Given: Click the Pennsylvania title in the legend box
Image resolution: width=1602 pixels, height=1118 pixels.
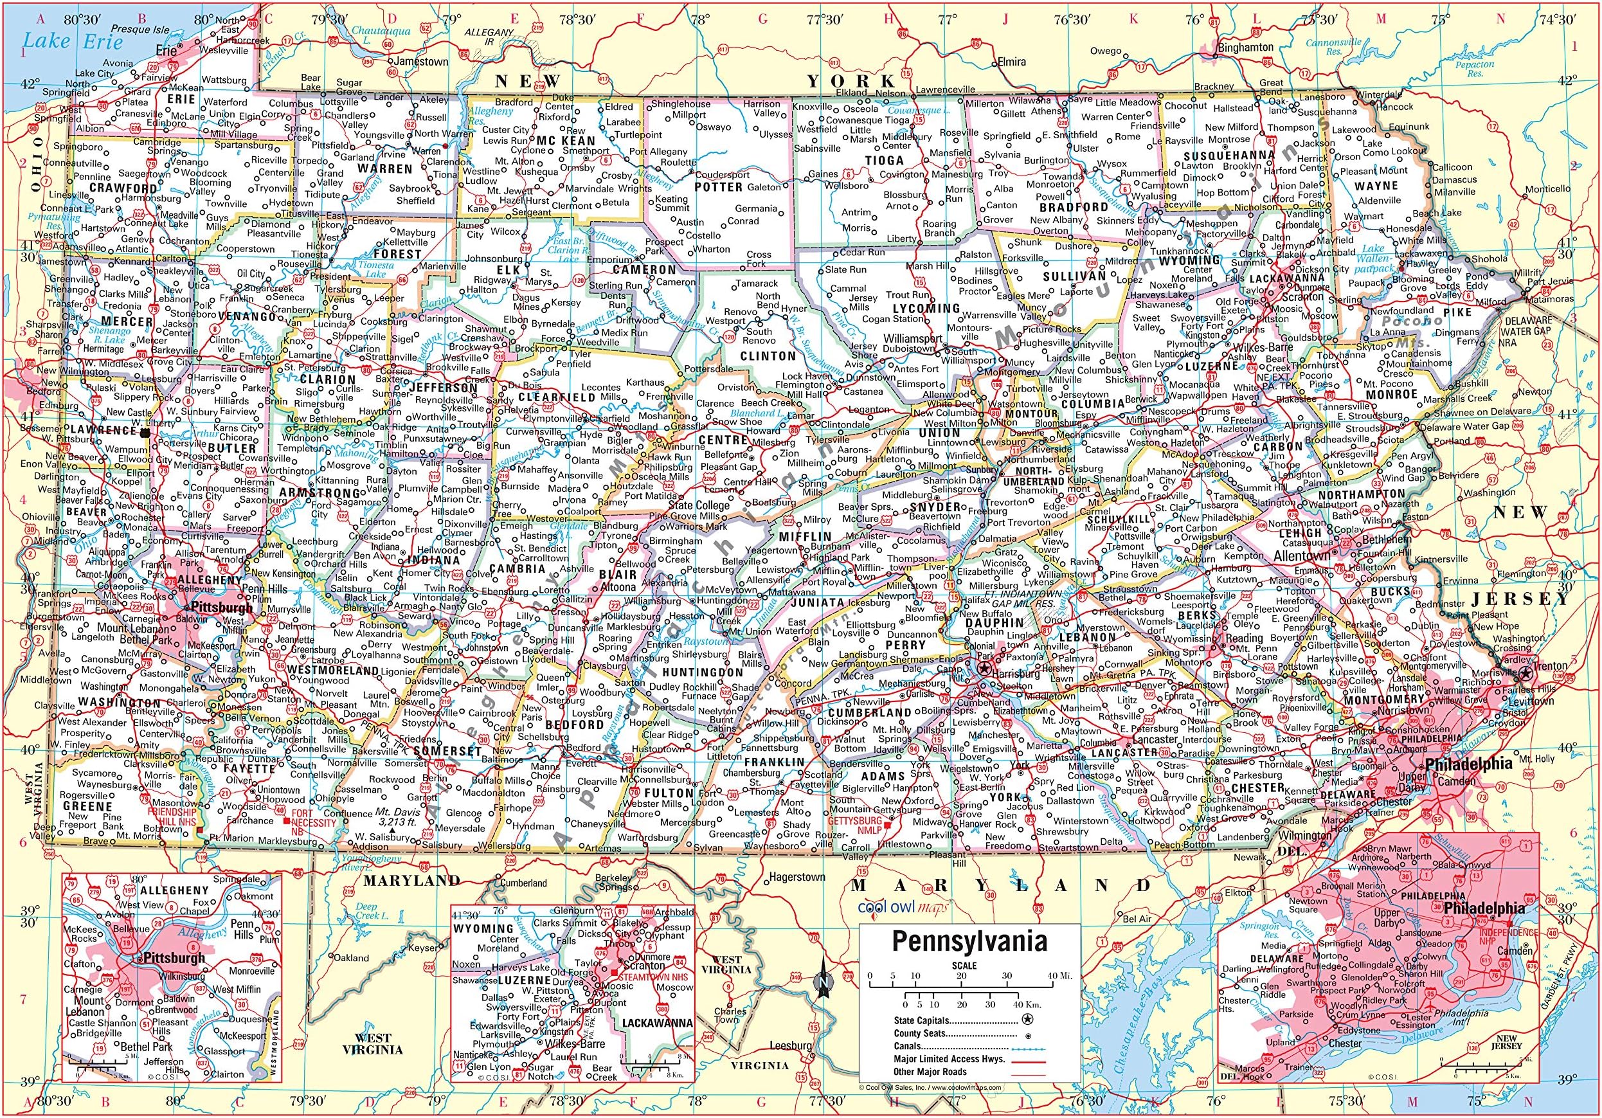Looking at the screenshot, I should coord(970,941).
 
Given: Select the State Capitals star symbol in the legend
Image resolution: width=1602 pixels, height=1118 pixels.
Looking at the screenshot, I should coord(1027,1020).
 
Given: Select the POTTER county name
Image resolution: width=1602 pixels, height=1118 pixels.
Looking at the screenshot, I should coord(718,187).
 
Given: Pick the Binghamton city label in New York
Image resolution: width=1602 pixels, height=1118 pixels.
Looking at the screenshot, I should coord(1245,48).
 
